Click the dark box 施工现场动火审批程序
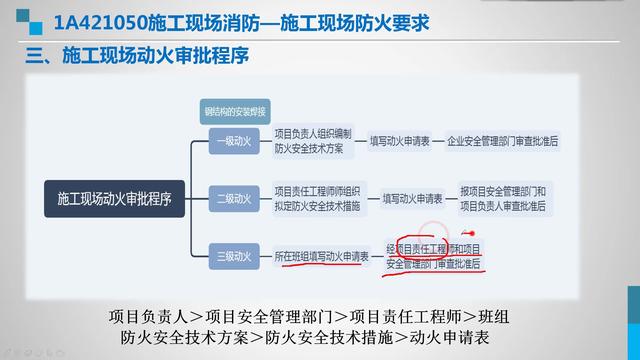coord(108,198)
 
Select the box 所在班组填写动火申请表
coord(321,257)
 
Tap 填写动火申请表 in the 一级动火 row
coord(405,142)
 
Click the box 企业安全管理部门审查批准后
coord(503,142)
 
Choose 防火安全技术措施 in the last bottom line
coord(329,337)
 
